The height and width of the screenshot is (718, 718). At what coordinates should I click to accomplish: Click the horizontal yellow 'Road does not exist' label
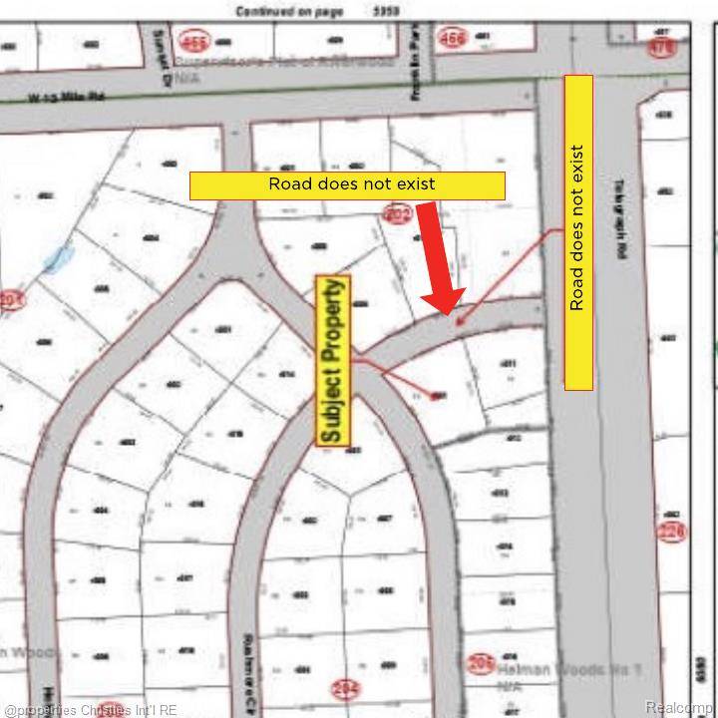[x=347, y=184]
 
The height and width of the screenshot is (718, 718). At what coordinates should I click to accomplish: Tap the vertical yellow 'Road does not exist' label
[x=578, y=231]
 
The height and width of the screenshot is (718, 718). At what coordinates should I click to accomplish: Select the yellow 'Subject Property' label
[x=334, y=360]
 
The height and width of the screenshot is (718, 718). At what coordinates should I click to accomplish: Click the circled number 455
[x=191, y=42]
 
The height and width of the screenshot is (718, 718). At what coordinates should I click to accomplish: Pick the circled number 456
[x=452, y=39]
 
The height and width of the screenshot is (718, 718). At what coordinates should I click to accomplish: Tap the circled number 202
[x=398, y=212]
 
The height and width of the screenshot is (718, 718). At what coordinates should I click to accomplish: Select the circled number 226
[x=672, y=532]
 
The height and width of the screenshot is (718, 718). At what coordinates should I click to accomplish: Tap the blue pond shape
[x=58, y=260]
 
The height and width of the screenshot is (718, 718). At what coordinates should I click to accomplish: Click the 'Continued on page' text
[x=289, y=11]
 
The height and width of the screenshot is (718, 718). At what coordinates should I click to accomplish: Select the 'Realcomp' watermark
[x=679, y=707]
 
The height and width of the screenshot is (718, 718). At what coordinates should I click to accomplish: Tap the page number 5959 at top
[x=387, y=11]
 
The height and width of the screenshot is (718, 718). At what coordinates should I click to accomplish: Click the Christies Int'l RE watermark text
[x=90, y=710]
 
